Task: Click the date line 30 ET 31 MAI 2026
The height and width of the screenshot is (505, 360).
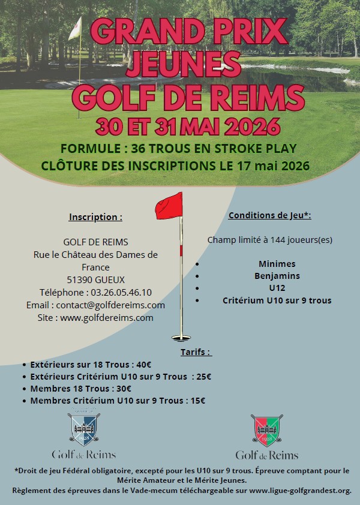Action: [180, 126]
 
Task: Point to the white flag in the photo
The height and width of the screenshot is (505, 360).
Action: [75, 28]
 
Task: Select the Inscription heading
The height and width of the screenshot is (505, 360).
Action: [95, 217]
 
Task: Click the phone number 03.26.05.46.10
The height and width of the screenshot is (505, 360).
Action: [122, 292]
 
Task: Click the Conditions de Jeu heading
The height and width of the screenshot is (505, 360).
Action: [269, 215]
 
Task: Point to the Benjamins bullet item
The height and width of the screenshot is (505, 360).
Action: [277, 276]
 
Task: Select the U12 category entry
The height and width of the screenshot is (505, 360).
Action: [277, 288]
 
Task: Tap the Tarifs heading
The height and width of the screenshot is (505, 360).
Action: [196, 352]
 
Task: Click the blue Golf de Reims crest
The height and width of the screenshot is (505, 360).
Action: [83, 428]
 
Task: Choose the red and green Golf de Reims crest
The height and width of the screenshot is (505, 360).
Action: [266, 429]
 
